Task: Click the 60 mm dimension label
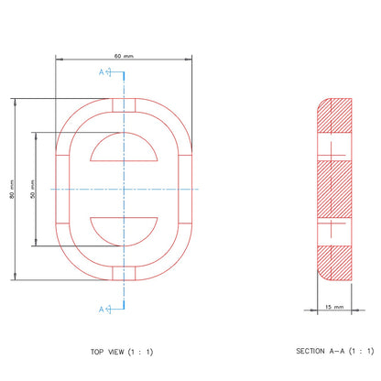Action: point(124,56)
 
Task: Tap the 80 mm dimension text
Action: point(12,189)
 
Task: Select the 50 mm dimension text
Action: point(33,189)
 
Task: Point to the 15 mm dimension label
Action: point(334,307)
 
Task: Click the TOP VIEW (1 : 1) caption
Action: point(122,352)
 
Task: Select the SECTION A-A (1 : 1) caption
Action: point(335,351)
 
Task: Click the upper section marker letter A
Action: point(102,72)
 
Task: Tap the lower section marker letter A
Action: point(102,310)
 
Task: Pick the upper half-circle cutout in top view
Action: point(124,147)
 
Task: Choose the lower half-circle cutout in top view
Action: point(124,232)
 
